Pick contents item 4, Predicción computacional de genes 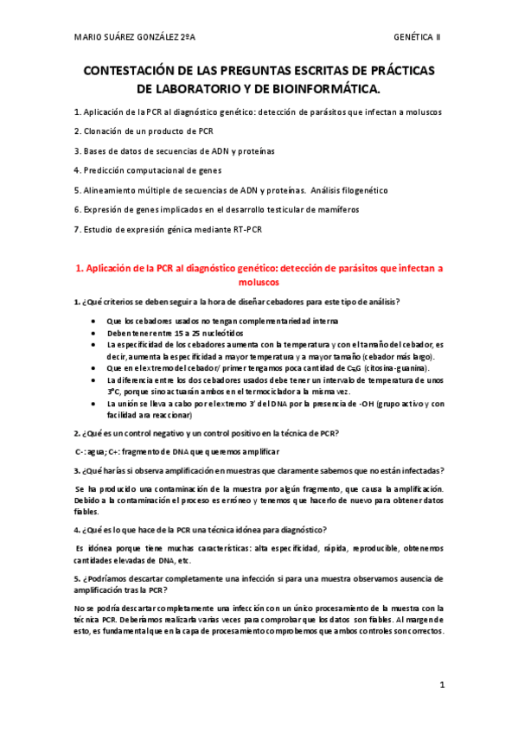click(x=148, y=170)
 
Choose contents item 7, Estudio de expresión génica click(x=168, y=229)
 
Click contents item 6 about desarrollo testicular click(x=216, y=209)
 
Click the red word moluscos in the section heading click(x=259, y=282)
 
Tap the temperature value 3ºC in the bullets click(x=114, y=391)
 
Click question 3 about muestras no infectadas click(x=259, y=470)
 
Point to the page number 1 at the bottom click(x=442, y=685)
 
